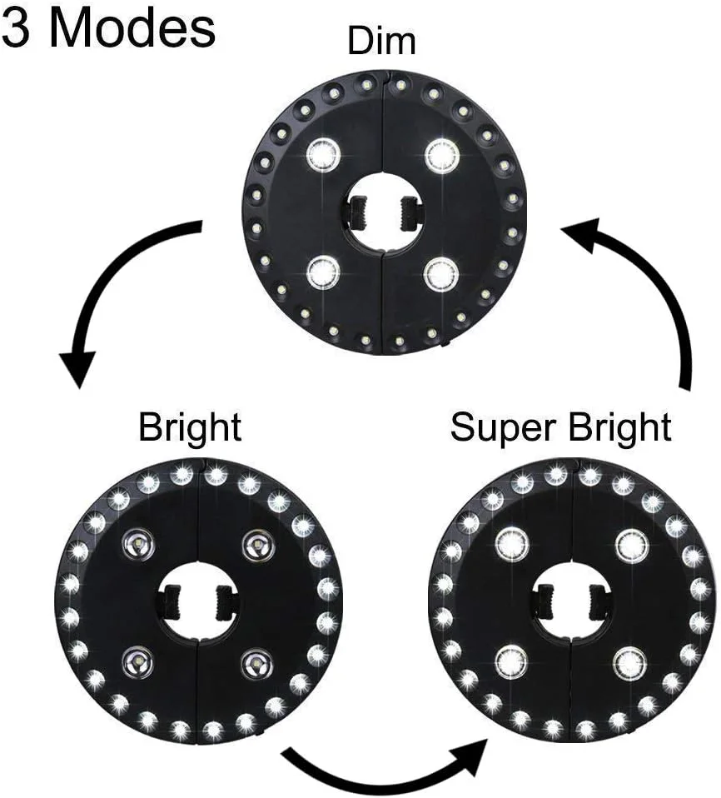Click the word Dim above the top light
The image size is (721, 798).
pos(381,41)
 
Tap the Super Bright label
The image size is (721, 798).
pos(560,428)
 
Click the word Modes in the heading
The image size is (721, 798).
pos(132,28)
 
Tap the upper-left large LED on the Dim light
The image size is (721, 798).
pos(323,154)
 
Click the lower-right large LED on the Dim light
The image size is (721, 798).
pos(441,273)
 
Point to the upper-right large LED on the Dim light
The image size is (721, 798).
pos(441,155)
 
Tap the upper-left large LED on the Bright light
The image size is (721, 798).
pos(138,546)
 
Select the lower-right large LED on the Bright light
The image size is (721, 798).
pos(257,663)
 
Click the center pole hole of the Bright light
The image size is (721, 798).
pos(198,603)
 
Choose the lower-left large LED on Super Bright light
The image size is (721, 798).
pos(512,662)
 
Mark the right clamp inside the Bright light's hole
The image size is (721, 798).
pos(226,601)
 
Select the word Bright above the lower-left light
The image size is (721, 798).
pos(191,428)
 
